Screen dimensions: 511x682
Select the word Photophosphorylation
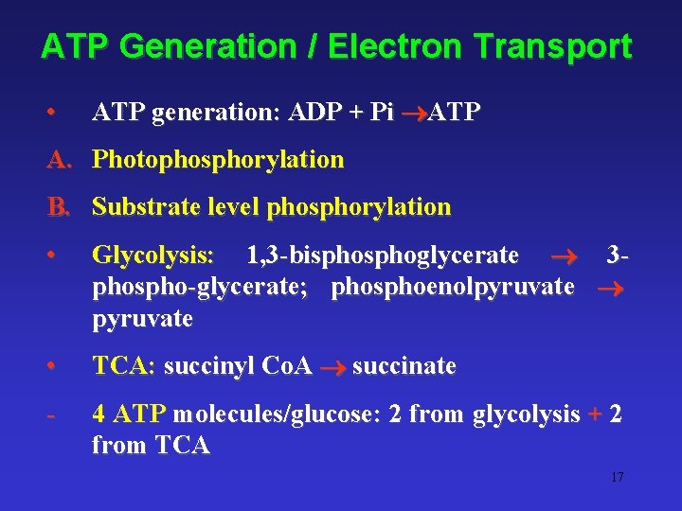pyautogui.click(x=218, y=160)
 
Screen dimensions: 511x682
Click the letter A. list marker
pyautogui.click(x=60, y=160)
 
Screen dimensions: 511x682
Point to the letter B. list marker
pyautogui.click(x=60, y=206)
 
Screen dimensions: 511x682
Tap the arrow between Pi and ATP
pyautogui.click(x=411, y=114)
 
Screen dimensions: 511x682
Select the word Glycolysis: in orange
pyautogui.click(x=153, y=255)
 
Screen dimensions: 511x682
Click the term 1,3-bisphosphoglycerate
pyautogui.click(x=382, y=255)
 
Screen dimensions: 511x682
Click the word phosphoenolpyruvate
pyautogui.click(x=453, y=287)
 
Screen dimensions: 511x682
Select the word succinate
pyautogui.click(x=404, y=366)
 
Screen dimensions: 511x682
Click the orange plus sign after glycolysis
pyautogui.click(x=595, y=414)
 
